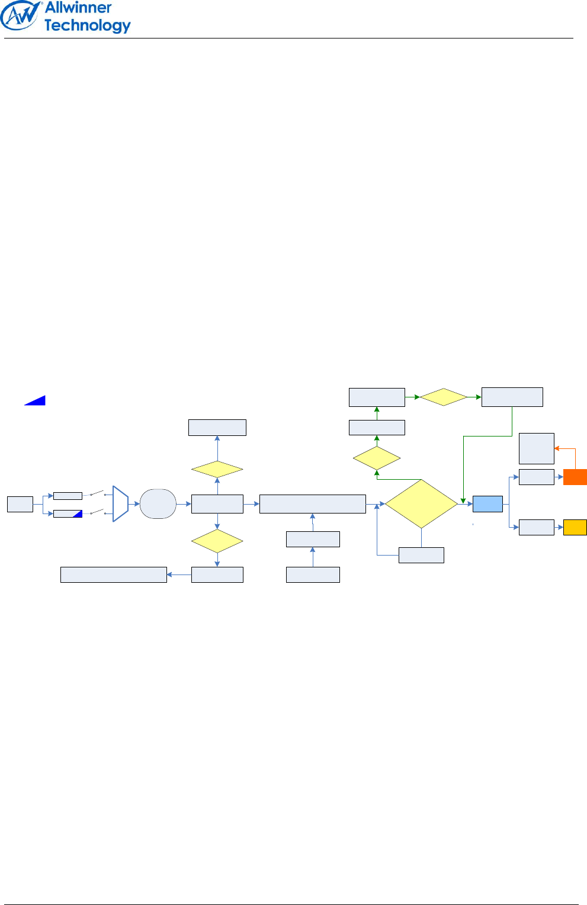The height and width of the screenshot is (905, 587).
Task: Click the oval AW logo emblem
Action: click(x=21, y=16)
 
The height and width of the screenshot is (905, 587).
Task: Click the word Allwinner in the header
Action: click(x=78, y=8)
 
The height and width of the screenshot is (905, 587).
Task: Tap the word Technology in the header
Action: click(x=87, y=25)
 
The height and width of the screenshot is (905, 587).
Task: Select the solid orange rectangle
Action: click(x=575, y=477)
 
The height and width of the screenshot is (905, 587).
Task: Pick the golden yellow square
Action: click(x=575, y=527)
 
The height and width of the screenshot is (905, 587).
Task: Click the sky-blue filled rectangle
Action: click(x=487, y=504)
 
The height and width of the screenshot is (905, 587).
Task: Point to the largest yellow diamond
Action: click(x=421, y=504)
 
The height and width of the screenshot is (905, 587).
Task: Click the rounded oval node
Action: click(x=158, y=504)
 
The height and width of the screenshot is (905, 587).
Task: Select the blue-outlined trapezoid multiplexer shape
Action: click(x=120, y=504)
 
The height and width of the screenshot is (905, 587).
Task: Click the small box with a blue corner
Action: click(x=68, y=514)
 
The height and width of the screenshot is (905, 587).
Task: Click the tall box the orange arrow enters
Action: click(x=536, y=448)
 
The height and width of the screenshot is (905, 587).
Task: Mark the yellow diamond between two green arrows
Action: click(x=444, y=397)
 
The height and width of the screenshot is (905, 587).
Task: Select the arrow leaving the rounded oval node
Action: click(x=184, y=504)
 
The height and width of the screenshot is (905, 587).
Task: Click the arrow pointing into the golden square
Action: click(x=559, y=527)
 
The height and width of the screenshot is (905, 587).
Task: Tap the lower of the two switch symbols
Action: click(x=97, y=512)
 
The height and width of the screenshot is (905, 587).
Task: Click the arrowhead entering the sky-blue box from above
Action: click(x=463, y=500)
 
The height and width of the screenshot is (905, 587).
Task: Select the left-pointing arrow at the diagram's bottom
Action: click(x=178, y=575)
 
